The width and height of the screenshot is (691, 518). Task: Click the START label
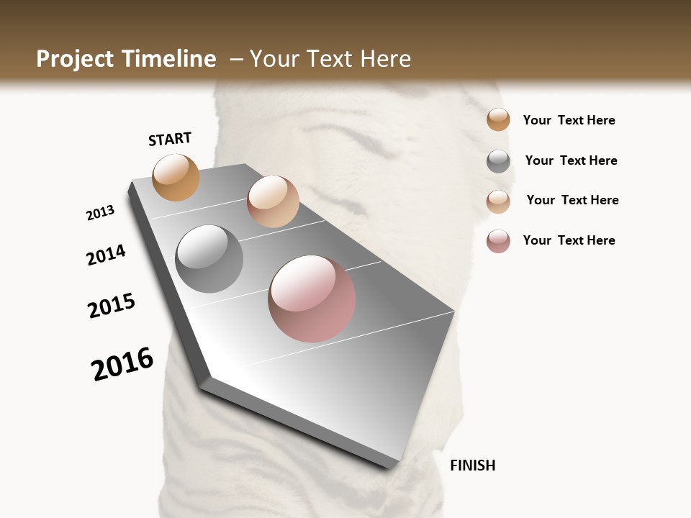pos(170,139)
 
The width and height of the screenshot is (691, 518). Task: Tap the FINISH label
pos(473,465)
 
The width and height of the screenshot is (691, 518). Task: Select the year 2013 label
pos(101,213)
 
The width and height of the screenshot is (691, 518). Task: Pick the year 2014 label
pos(107,255)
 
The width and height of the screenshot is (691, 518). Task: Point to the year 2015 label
pos(112,306)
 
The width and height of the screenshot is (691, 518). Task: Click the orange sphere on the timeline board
pos(176,177)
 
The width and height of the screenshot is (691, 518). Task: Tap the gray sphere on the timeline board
pos(209,259)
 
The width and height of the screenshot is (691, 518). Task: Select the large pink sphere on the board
pos(312,299)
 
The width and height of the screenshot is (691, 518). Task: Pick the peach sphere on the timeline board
pos(273,201)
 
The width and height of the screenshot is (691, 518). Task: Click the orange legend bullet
pos(498,120)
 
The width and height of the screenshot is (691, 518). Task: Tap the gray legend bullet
pos(498,161)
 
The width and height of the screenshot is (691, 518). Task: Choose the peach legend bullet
pos(498,201)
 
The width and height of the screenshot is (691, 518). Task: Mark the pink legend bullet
pos(498,241)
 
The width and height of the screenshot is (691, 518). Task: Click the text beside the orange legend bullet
pos(569,120)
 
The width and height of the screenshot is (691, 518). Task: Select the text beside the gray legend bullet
pos(571,160)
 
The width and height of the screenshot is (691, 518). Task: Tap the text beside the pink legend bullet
pos(569,240)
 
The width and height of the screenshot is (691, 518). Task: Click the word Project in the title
pos(76,59)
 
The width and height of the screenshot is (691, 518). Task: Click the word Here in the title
pos(385,59)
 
